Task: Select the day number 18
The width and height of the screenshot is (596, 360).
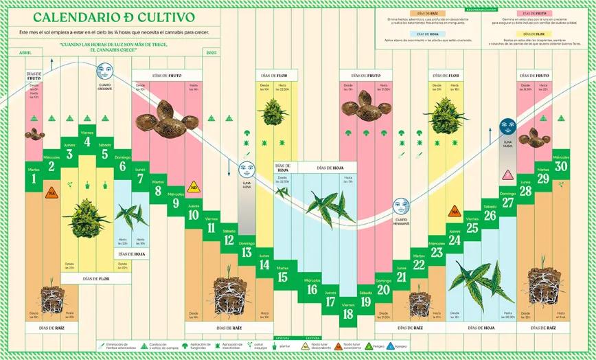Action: [x=348, y=314]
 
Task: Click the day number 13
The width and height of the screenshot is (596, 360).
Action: [x=247, y=252]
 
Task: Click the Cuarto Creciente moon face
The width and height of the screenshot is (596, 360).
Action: [x=104, y=70]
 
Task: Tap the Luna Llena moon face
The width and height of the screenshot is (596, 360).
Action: [x=247, y=170]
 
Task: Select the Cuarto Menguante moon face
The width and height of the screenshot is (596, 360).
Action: [x=401, y=205]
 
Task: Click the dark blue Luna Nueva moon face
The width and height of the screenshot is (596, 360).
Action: [x=508, y=126]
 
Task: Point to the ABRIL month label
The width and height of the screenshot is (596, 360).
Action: [x=26, y=52]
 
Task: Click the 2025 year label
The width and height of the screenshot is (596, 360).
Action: [x=211, y=52]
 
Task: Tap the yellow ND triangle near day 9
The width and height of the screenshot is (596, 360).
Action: [x=194, y=186]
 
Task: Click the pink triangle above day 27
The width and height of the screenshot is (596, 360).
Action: [x=508, y=175]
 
